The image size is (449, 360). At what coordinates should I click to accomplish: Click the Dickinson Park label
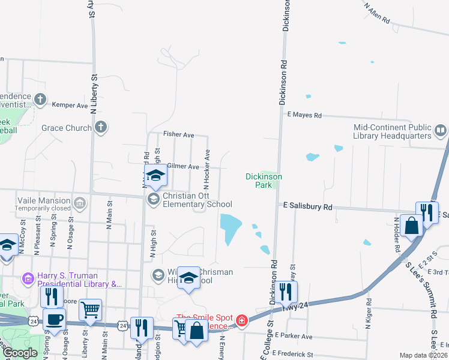click(264, 181)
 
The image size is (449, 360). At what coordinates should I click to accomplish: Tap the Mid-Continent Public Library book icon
click(441, 130)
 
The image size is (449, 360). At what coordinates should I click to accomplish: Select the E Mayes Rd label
click(304, 115)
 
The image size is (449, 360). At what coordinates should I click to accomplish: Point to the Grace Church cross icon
click(101, 127)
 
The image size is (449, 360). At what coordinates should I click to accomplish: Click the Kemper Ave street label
click(70, 105)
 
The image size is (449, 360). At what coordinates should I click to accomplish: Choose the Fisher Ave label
click(179, 135)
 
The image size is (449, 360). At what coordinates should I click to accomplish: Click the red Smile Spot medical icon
click(241, 321)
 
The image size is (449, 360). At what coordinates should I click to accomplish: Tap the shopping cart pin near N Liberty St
click(90, 310)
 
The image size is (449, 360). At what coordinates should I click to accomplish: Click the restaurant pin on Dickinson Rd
click(286, 292)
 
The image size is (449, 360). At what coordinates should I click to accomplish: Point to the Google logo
click(20, 353)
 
